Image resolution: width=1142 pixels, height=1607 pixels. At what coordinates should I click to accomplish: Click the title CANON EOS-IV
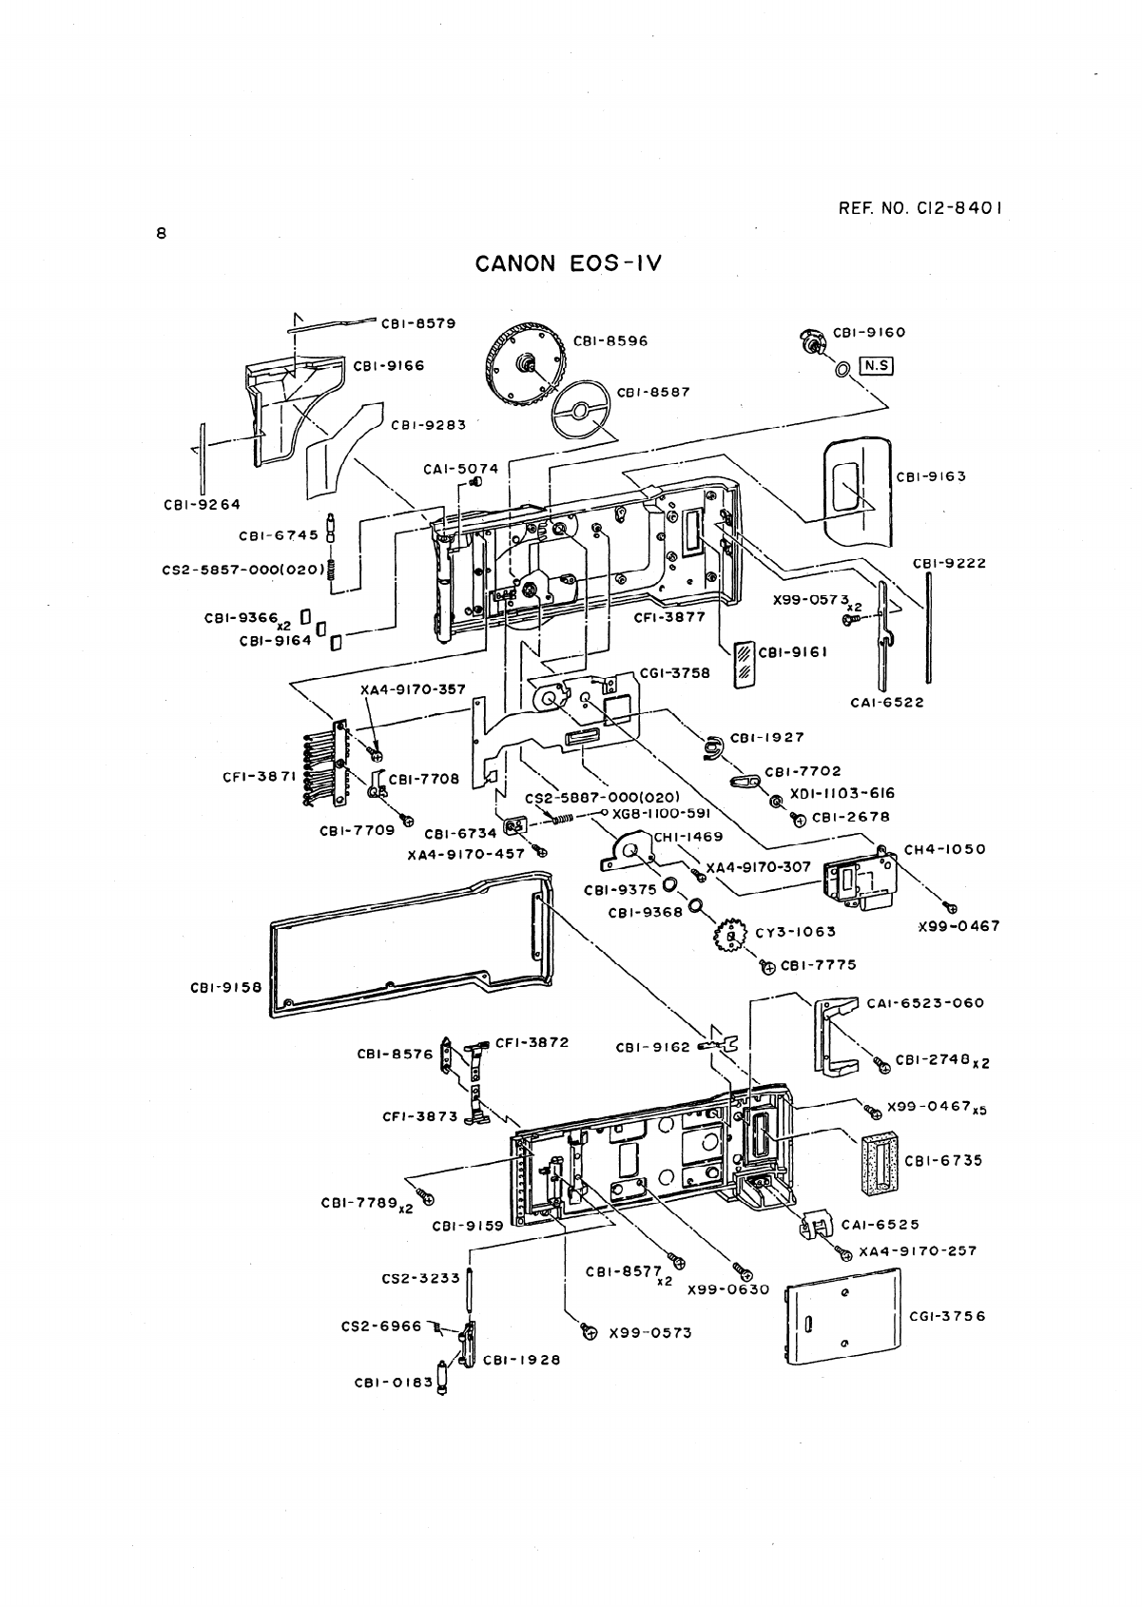coord(568,262)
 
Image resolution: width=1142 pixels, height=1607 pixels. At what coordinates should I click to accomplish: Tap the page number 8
coord(162,233)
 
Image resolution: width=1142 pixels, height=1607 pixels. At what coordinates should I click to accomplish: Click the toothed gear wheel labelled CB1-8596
coord(525,363)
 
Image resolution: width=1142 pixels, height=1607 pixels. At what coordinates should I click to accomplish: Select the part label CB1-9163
coord(931,476)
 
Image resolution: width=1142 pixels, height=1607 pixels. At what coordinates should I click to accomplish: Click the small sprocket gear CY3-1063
coord(730,937)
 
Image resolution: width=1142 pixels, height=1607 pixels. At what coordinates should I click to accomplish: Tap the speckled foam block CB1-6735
coord(880,1165)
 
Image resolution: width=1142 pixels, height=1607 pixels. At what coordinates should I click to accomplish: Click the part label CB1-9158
coord(226,987)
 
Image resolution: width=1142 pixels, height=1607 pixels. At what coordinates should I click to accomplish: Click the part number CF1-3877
coord(669,616)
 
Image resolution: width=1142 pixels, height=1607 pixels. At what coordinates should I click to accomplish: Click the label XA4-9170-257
coord(918,1250)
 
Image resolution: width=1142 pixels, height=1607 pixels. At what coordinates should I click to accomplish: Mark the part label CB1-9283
coord(428,424)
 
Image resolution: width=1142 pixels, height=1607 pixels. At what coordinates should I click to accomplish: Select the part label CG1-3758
coord(675,672)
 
